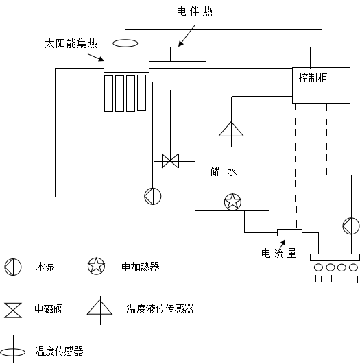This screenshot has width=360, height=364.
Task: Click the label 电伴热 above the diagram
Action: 195,11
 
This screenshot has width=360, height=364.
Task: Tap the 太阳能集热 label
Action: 71,43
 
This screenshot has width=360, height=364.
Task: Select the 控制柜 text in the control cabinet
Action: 313,77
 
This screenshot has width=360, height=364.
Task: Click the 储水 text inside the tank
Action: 224,172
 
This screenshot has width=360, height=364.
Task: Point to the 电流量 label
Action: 279,253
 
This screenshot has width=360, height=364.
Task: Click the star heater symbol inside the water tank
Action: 232,202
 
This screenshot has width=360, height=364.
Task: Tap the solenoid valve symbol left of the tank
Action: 170,160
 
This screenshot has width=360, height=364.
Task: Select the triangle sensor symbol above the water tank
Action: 231,129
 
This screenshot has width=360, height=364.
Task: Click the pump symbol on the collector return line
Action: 153,196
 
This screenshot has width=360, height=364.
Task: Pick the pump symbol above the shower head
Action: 351,226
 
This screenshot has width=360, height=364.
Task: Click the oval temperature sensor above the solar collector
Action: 125,43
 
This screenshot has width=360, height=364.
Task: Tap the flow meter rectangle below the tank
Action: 289,232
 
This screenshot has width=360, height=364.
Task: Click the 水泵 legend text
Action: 45,267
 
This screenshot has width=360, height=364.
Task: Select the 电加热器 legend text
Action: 141,267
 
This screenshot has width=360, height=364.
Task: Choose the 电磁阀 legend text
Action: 49,308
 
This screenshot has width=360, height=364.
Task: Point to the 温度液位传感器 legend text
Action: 160,308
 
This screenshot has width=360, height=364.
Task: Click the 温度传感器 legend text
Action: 59,351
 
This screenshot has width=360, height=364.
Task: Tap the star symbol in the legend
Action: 96,266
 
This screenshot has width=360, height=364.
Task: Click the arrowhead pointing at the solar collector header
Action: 101,59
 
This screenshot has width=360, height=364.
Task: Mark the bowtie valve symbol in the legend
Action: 13,310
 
